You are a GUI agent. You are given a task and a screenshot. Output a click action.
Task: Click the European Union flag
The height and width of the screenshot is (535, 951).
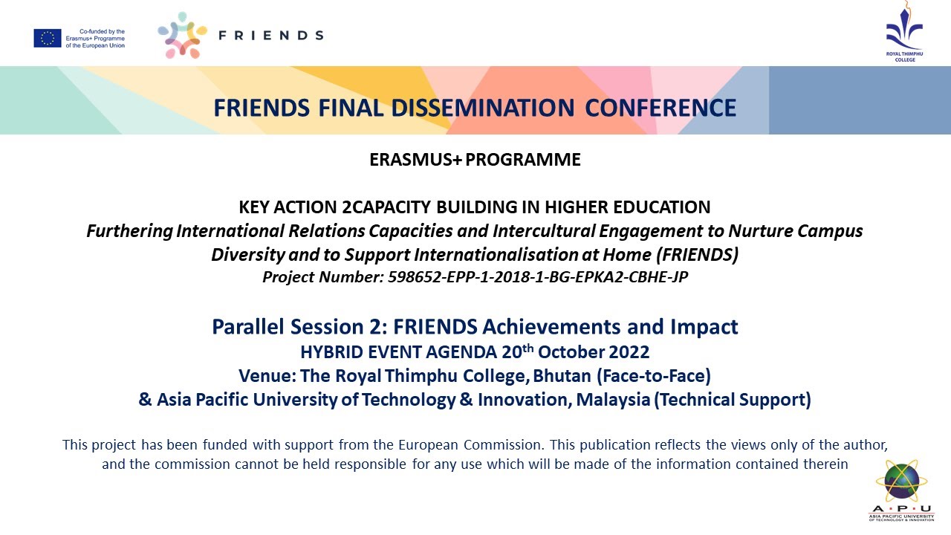(47, 39)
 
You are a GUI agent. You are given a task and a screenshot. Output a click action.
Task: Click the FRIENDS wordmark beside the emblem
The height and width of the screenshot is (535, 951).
(270, 35)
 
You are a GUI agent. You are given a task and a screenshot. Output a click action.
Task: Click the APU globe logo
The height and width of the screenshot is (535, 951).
(902, 486)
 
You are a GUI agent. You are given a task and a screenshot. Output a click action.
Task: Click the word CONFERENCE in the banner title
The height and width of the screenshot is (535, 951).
(660, 108)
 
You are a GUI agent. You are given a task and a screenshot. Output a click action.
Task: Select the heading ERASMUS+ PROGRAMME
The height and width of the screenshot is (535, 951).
(475, 160)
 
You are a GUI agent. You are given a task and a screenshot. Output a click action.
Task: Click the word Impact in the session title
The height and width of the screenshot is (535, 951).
(711, 327)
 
